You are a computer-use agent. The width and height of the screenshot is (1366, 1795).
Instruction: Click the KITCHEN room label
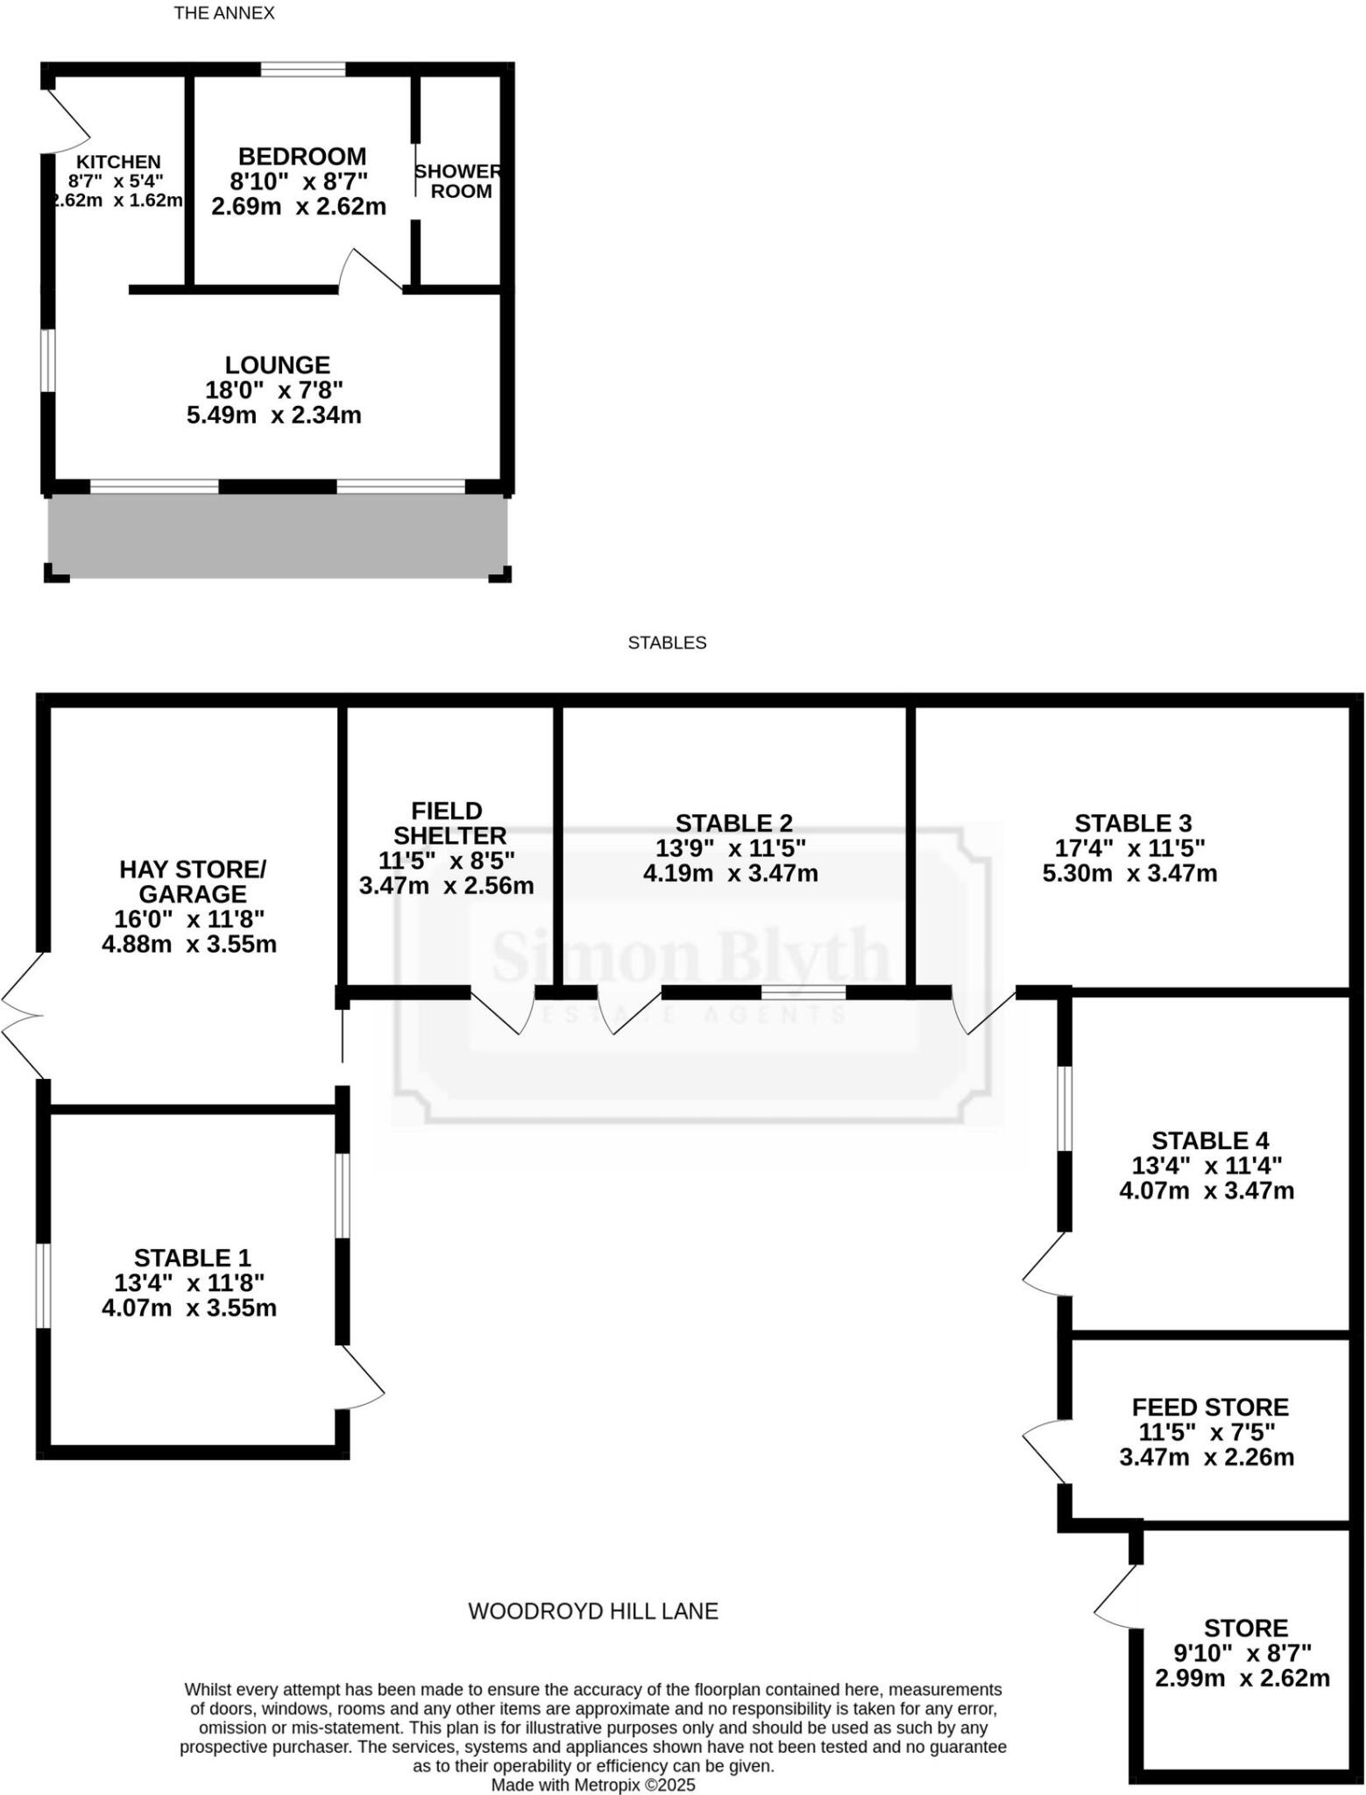[x=118, y=162]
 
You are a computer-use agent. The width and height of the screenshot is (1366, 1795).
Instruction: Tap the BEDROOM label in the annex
[x=302, y=157]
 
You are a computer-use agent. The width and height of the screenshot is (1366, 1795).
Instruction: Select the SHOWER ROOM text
[x=460, y=181]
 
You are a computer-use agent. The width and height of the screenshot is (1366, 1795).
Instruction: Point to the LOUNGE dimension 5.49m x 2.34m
[x=274, y=415]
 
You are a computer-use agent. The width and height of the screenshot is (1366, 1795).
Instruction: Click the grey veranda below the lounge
[x=278, y=536]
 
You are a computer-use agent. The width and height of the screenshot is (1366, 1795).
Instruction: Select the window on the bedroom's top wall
[x=303, y=70]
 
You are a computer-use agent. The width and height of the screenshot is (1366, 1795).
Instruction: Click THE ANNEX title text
[x=224, y=13]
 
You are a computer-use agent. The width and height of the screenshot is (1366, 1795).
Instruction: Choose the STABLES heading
[x=667, y=643]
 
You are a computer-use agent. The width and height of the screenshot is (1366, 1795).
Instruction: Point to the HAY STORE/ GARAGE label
[x=193, y=882]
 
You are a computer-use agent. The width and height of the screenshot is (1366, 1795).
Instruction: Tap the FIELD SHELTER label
[x=449, y=823]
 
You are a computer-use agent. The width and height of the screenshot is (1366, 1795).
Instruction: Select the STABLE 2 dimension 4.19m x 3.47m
[x=731, y=874]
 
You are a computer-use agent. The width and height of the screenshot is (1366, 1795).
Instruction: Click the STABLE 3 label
[x=1133, y=823]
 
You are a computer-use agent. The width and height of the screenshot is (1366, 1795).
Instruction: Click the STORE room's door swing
[x=1115, y=1598]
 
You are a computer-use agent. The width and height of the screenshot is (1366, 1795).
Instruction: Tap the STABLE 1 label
[x=193, y=1258]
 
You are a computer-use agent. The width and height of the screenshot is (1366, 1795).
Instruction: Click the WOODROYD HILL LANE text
[x=593, y=1611]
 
